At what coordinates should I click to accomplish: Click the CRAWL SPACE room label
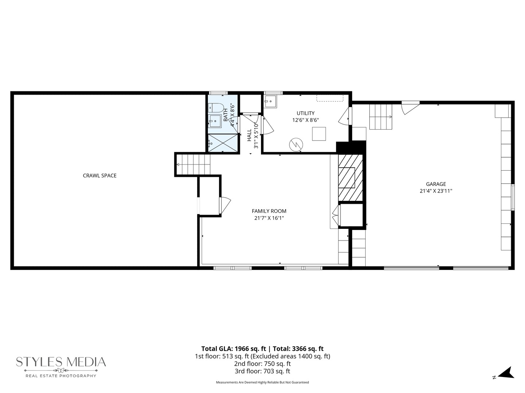point(100,176)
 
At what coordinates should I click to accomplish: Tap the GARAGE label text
point(436,184)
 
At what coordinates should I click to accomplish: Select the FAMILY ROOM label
point(269,211)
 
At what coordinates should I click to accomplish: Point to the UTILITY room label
point(306,113)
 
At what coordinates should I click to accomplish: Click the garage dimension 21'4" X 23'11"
point(436,191)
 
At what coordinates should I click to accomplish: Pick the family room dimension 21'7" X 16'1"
point(269,218)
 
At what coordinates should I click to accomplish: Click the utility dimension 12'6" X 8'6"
point(306,120)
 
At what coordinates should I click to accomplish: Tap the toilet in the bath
point(215,108)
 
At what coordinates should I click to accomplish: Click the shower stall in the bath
point(223,143)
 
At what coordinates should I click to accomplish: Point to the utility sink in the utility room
point(271,102)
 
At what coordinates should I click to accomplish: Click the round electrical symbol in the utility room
point(296,144)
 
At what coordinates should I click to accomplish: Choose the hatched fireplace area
point(350,178)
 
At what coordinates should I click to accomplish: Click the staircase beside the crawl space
point(194,164)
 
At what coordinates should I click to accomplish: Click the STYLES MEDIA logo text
point(61,362)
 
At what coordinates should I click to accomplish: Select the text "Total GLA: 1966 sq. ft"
point(233,349)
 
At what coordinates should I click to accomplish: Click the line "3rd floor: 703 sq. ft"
point(262,371)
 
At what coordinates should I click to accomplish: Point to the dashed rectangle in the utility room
point(330,98)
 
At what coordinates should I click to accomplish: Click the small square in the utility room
point(319,134)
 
